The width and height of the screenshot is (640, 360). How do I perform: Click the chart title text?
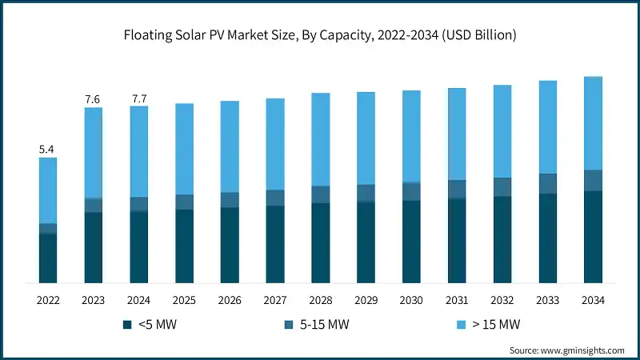click(320, 36)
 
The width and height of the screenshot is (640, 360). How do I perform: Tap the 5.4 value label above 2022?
click(48, 149)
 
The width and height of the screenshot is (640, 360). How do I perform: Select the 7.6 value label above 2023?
click(93, 98)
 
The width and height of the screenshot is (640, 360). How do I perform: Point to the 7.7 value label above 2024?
click(138, 98)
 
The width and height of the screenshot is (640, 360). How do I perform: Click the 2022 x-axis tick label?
click(48, 300)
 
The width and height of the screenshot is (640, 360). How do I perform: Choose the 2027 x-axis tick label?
click(275, 300)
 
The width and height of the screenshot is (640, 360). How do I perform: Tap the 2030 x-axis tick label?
click(411, 300)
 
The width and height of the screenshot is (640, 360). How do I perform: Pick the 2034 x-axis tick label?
click(593, 300)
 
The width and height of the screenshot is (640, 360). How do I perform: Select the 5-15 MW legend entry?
click(320, 325)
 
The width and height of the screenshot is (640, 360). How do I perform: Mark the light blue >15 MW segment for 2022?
click(48, 190)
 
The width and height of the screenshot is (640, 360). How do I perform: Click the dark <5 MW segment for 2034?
click(593, 237)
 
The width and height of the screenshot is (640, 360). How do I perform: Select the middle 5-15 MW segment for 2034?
click(593, 180)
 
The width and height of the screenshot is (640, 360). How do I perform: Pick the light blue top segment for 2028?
click(320, 139)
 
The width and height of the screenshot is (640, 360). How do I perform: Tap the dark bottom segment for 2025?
click(184, 246)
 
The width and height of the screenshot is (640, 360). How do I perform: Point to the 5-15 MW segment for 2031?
click(457, 189)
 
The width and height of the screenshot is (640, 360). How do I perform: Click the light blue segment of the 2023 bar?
click(93, 152)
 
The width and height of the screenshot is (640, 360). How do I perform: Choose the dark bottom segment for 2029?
click(366, 242)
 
